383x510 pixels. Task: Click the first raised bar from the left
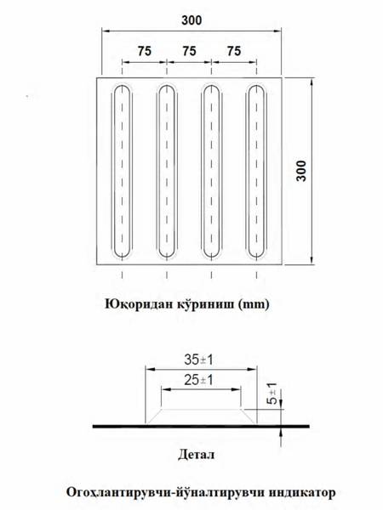[x=122, y=172]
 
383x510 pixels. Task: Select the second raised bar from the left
[x=167, y=172]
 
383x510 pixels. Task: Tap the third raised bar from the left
[x=212, y=172]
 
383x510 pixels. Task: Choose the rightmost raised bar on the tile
[x=256, y=172]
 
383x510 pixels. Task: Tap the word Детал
[x=197, y=455]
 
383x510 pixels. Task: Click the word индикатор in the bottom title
[x=302, y=492]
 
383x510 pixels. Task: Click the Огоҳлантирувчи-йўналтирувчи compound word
[x=166, y=492]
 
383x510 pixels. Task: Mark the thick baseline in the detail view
[x=201, y=426]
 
